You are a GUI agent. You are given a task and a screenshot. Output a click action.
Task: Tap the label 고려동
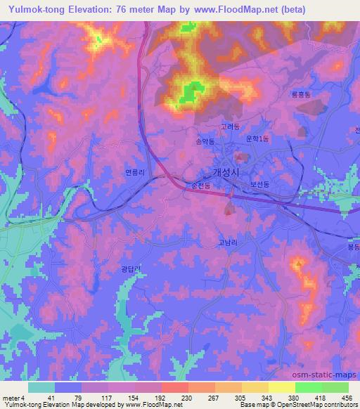[x=229, y=127]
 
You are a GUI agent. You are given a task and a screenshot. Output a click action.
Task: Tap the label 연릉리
[x=134, y=171]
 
